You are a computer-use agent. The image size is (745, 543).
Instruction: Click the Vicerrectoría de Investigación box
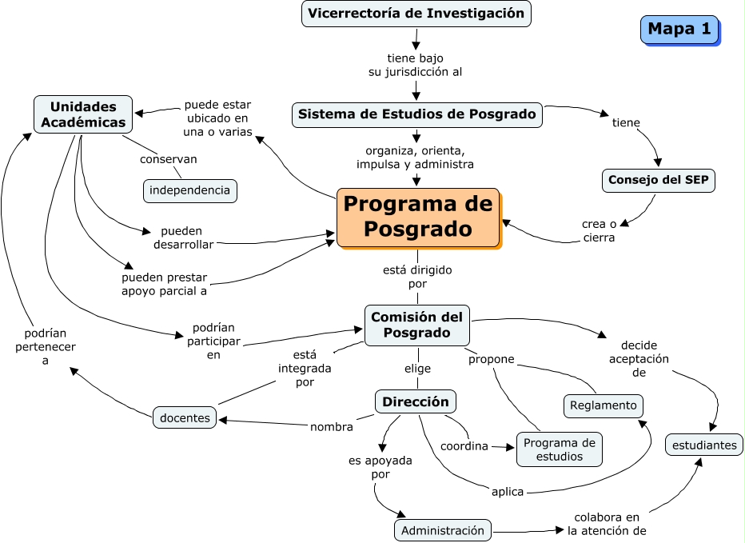(x=416, y=14)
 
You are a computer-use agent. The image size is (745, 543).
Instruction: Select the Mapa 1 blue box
(x=679, y=30)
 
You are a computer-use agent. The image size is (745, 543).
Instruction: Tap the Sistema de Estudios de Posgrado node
(x=416, y=114)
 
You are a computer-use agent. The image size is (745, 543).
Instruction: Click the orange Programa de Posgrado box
(x=417, y=217)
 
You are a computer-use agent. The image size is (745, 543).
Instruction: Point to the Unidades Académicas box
(x=83, y=114)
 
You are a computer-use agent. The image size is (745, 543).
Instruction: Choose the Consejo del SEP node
(x=659, y=180)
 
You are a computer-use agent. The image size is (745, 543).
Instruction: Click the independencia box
(x=189, y=190)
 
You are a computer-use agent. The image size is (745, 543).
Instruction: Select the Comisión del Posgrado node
(x=416, y=325)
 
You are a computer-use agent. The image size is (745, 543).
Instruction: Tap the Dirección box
(x=416, y=401)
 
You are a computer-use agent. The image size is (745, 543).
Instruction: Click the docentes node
(x=185, y=417)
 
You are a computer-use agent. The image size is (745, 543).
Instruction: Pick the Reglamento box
(x=604, y=405)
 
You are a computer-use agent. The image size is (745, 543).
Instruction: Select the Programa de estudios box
(x=559, y=449)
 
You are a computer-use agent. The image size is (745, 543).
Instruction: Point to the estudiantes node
(x=703, y=445)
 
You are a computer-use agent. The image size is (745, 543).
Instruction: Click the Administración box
(x=443, y=530)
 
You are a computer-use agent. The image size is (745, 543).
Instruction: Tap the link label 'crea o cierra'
(x=599, y=230)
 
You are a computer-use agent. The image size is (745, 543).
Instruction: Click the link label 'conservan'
(x=168, y=159)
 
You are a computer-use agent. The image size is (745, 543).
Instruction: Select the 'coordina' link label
(x=464, y=446)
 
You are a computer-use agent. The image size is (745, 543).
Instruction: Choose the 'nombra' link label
(x=331, y=427)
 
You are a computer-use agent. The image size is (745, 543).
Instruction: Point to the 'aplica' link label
(x=507, y=492)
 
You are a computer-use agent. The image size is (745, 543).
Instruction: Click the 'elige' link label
(x=416, y=369)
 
